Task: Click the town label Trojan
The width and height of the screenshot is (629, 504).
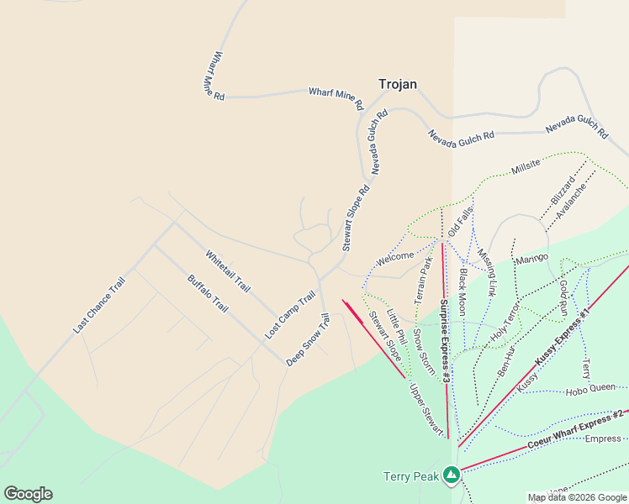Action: pyautogui.click(x=398, y=84)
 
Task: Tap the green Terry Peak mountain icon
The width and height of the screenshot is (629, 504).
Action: pyautogui.click(x=452, y=475)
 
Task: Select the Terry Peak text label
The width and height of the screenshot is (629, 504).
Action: pyautogui.click(x=412, y=476)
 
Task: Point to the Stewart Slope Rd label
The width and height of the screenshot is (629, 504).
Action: pyautogui.click(x=356, y=218)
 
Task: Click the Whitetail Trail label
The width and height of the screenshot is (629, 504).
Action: pyautogui.click(x=228, y=270)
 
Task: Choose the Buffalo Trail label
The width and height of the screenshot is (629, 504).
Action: pyautogui.click(x=208, y=294)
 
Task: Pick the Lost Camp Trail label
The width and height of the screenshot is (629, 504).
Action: pyautogui.click(x=289, y=314)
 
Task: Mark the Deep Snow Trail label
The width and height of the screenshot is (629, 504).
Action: pyautogui.click(x=307, y=339)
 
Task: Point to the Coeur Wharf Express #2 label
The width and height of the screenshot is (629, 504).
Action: pyautogui.click(x=575, y=429)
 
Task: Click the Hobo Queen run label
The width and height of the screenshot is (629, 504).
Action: pyautogui.click(x=590, y=390)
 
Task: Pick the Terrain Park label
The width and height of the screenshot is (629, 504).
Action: pyautogui.click(x=423, y=281)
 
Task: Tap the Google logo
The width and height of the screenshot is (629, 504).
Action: pyautogui.click(x=28, y=494)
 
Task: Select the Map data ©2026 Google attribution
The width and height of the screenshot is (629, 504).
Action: pyautogui.click(x=576, y=497)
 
